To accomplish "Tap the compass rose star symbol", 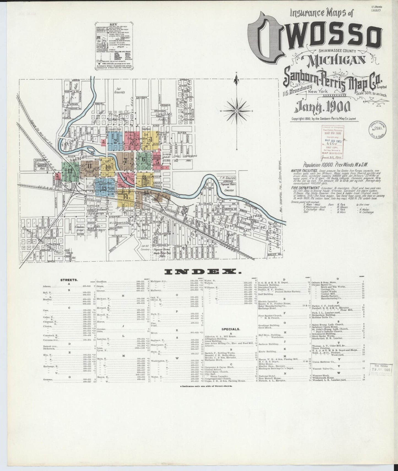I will point(237,111).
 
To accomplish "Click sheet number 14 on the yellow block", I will point(126,197).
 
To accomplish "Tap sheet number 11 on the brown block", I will point(89,166).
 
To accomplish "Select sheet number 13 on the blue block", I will point(104,188).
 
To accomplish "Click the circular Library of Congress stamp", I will point(377,130).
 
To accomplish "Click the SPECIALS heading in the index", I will point(231,329).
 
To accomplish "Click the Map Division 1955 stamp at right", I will point(381,369).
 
